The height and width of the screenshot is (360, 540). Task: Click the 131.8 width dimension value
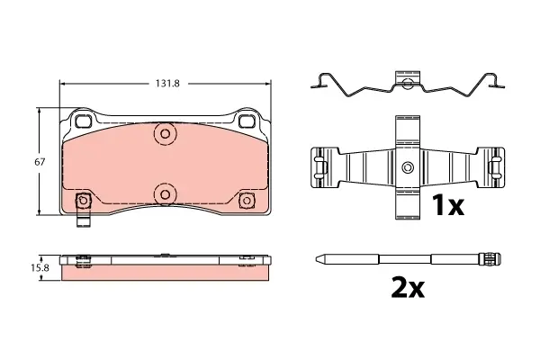167,84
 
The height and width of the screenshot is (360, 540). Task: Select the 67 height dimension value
40,162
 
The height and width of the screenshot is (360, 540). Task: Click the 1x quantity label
448,205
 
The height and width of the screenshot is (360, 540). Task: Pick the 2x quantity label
408,287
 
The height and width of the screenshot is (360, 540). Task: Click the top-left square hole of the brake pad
82,121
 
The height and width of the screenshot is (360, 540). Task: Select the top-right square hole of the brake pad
246,121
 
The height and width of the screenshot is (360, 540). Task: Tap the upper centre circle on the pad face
165,133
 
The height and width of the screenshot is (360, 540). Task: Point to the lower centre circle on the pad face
165,194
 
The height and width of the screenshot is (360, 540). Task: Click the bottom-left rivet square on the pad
83,200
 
